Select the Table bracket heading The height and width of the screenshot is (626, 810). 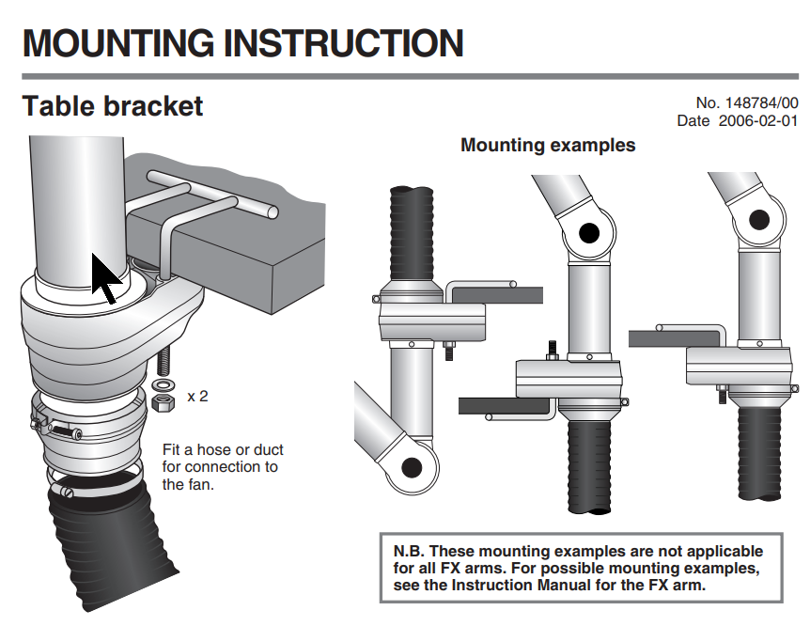pyautogui.click(x=112, y=106)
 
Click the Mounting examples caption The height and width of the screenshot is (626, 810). pyautogui.click(x=548, y=146)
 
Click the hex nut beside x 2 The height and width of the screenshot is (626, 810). pyautogui.click(x=162, y=402)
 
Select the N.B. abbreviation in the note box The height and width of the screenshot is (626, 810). pyautogui.click(x=411, y=551)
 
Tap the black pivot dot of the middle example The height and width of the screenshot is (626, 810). pyautogui.click(x=589, y=233)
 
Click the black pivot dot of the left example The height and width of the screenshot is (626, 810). pyautogui.click(x=411, y=466)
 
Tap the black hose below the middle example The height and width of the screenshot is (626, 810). pyautogui.click(x=592, y=470)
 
